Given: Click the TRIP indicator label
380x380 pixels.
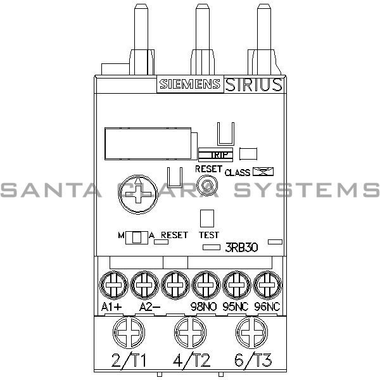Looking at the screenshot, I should point(215,154).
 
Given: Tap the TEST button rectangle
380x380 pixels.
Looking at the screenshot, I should point(206,218).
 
